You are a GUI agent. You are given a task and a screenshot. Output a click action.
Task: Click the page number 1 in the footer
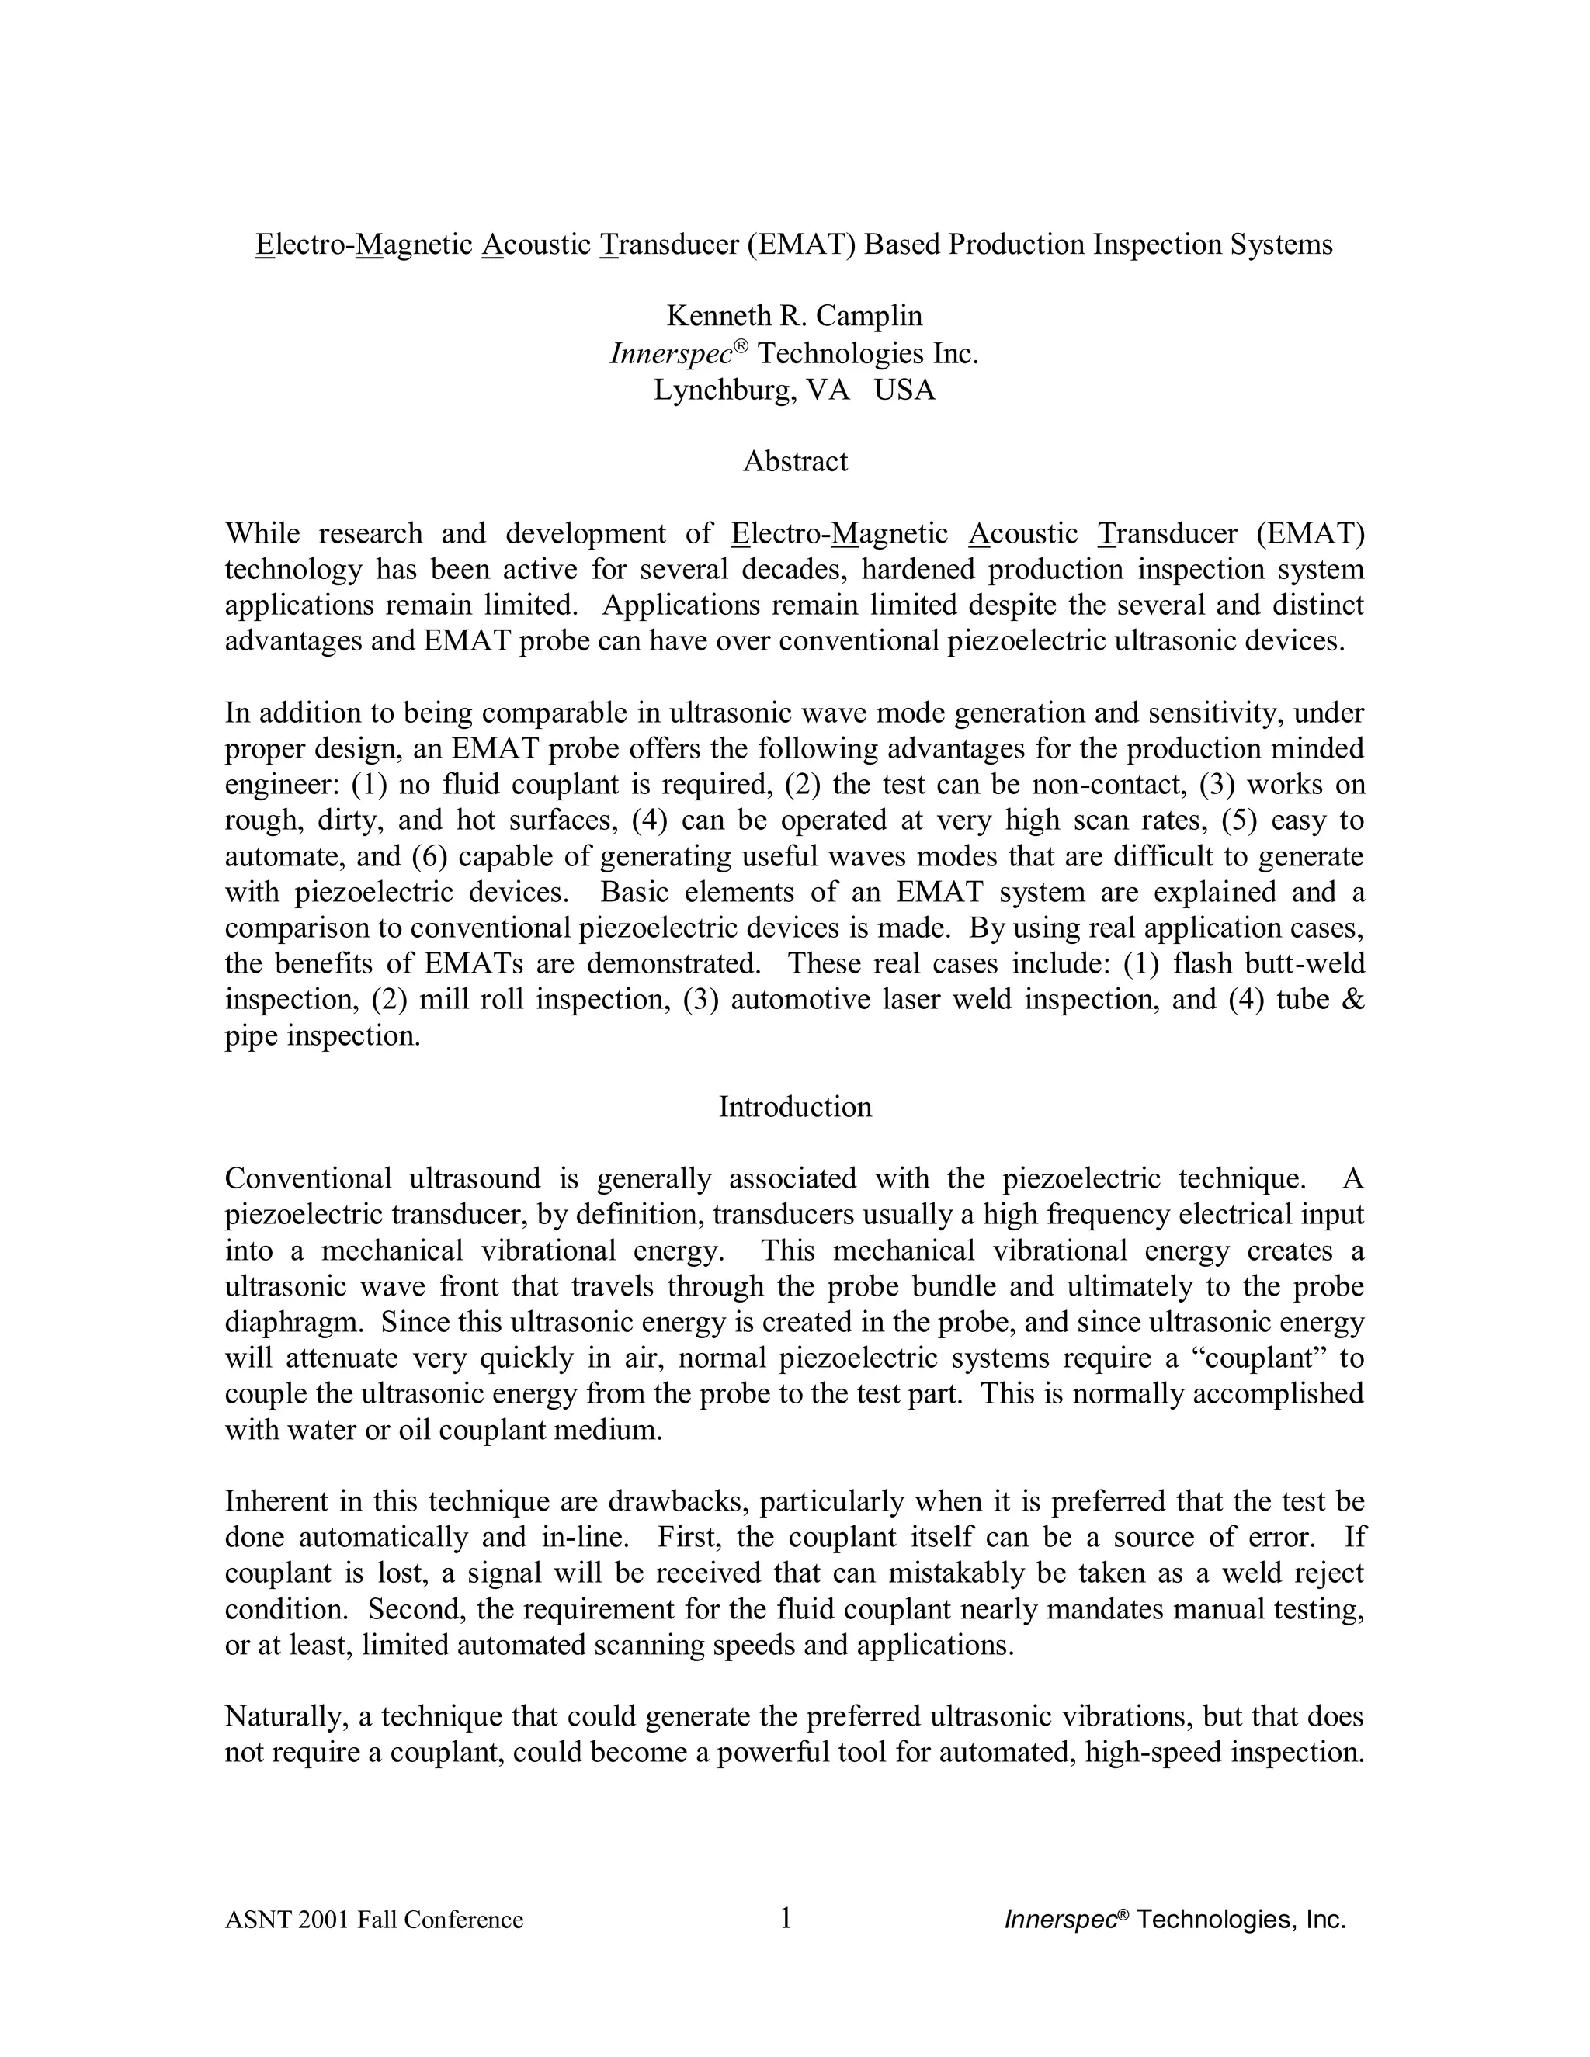pos(786,1917)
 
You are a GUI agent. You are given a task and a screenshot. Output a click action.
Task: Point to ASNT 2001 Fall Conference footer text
pos(374,1920)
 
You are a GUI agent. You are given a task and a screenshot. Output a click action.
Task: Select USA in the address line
pos(904,389)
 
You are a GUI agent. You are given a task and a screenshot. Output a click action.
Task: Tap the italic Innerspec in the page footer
pos(1060,1920)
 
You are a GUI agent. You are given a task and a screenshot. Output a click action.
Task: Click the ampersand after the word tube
pos(1351,999)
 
